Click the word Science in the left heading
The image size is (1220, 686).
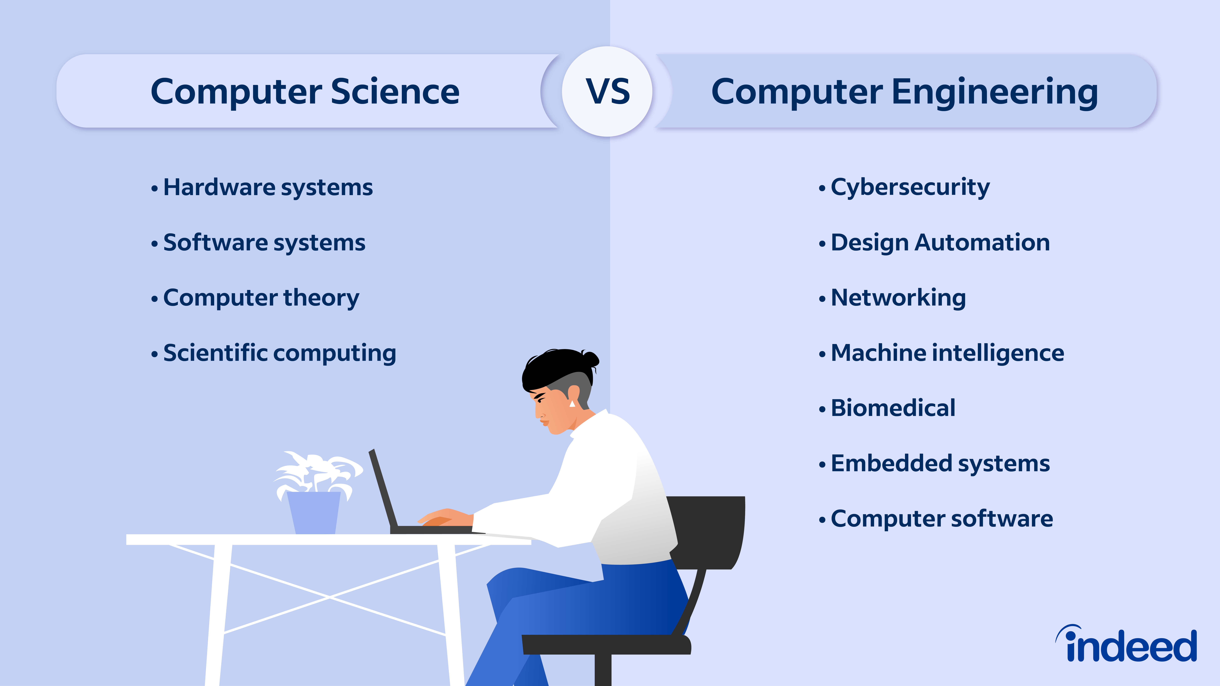point(395,91)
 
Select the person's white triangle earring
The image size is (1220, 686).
point(572,403)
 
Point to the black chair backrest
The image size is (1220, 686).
point(710,530)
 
